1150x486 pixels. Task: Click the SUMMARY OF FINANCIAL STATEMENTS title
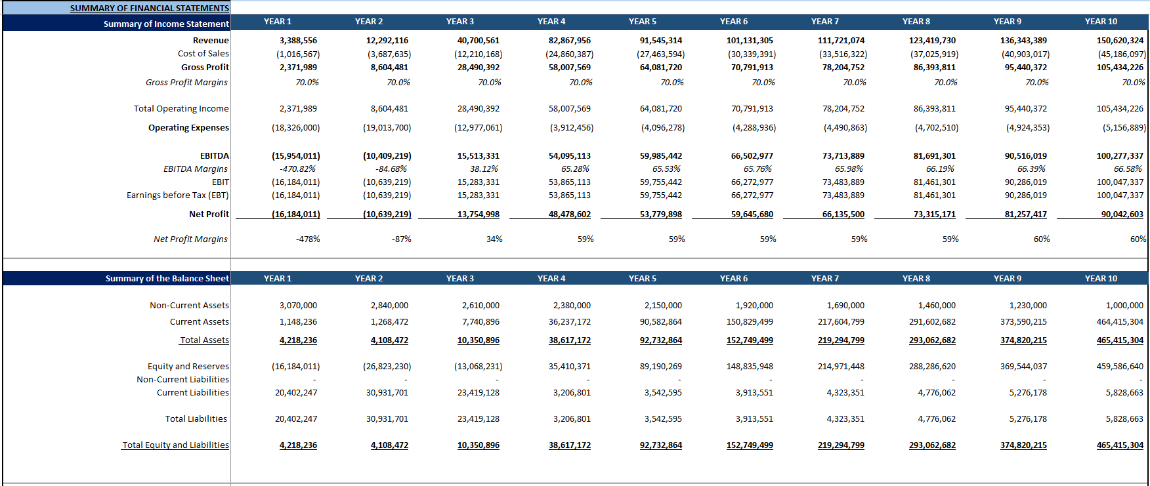pos(150,9)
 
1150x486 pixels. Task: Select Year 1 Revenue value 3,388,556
pos(298,41)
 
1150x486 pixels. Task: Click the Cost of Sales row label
pos(203,54)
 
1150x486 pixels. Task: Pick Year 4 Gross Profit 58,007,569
pos(569,68)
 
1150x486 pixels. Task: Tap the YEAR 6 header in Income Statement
pos(733,22)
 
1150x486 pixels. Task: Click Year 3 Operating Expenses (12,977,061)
pos(478,128)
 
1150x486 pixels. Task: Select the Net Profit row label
pos(209,214)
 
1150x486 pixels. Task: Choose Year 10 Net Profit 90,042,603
pos(1122,214)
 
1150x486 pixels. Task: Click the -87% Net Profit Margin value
pos(401,239)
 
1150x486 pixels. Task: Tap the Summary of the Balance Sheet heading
pos(167,279)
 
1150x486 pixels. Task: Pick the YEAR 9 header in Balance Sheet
pos(1007,279)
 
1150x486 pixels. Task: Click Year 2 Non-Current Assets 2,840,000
pos(389,306)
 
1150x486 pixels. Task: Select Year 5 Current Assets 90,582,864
pos(660,322)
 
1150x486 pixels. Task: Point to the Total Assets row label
pos(204,340)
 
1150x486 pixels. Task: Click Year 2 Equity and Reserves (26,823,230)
pos(387,367)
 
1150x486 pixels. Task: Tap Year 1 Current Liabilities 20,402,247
pos(296,393)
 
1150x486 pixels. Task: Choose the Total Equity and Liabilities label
pos(175,445)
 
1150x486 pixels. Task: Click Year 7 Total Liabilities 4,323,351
pos(845,419)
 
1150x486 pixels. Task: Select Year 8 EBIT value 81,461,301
pos(934,182)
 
